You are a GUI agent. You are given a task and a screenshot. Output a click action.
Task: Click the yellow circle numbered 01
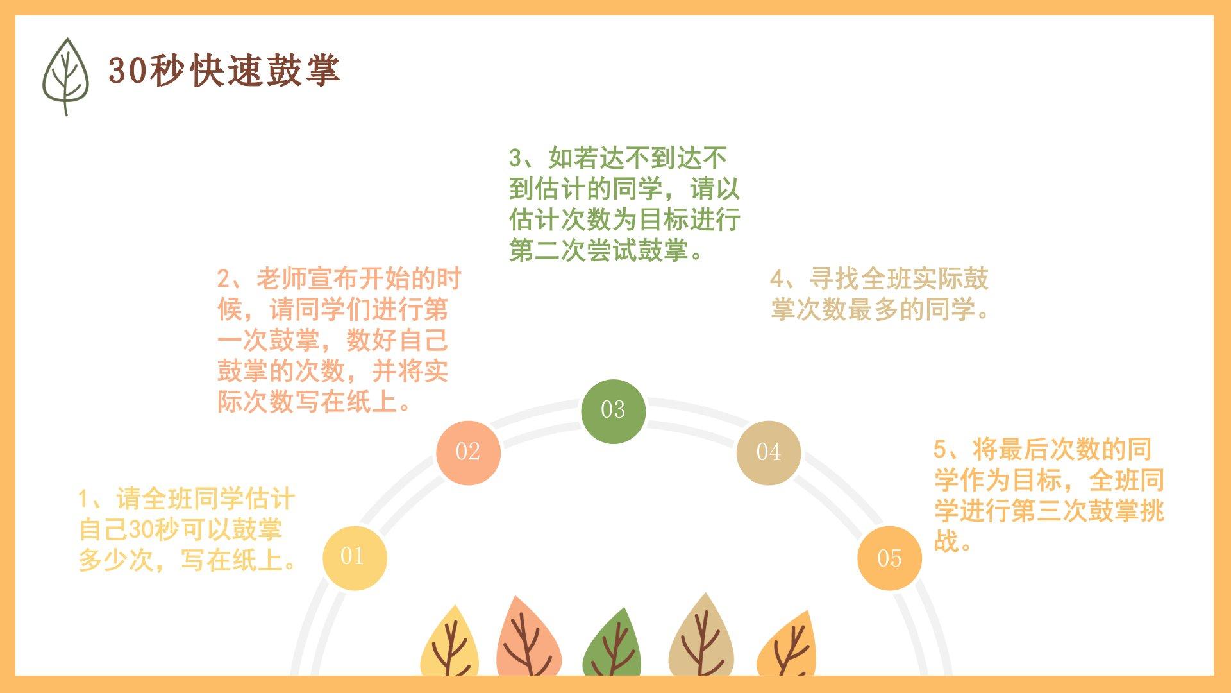tap(355, 558)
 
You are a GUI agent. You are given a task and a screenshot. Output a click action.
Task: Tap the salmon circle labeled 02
tap(468, 452)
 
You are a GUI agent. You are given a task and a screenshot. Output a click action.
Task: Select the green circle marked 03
tap(613, 411)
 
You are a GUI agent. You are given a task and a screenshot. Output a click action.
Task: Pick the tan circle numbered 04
tap(768, 452)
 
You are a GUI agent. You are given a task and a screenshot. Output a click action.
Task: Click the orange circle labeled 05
tap(889, 558)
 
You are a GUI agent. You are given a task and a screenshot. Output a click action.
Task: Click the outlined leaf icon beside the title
tap(65, 76)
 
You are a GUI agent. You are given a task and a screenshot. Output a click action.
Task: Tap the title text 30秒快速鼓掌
tap(224, 70)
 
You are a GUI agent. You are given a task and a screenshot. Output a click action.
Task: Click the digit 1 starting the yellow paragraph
tap(84, 499)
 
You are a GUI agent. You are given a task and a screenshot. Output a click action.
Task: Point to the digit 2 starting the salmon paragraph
tap(223, 279)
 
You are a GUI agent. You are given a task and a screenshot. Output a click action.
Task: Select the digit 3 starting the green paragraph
tap(515, 157)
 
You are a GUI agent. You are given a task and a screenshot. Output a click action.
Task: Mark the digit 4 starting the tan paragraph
tap(777, 279)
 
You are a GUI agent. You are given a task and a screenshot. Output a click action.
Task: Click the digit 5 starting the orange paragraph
tap(940, 449)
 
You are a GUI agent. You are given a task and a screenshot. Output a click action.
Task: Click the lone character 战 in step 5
tap(946, 542)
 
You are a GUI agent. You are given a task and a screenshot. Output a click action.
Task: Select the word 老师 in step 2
tap(281, 279)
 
